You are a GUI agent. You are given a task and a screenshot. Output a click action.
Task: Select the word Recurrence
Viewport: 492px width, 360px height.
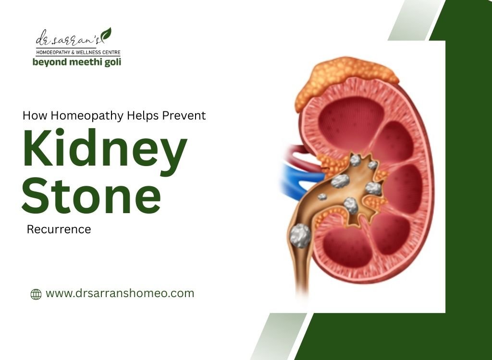pos(59,229)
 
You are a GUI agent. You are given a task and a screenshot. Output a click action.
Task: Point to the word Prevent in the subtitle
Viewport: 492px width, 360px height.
pos(184,116)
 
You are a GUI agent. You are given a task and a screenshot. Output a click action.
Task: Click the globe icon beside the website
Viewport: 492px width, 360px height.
pos(36,294)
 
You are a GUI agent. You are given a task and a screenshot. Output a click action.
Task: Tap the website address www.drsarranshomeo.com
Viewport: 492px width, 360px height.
pos(120,293)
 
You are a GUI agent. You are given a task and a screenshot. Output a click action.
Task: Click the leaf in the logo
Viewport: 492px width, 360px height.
pos(106,34)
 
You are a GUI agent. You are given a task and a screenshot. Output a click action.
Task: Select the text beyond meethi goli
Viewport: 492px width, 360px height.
pos(76,62)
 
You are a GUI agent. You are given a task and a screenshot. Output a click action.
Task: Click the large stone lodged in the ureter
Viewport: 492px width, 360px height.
pos(300,236)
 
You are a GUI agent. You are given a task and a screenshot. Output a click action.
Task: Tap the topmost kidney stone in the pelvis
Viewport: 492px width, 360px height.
pos(356,160)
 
